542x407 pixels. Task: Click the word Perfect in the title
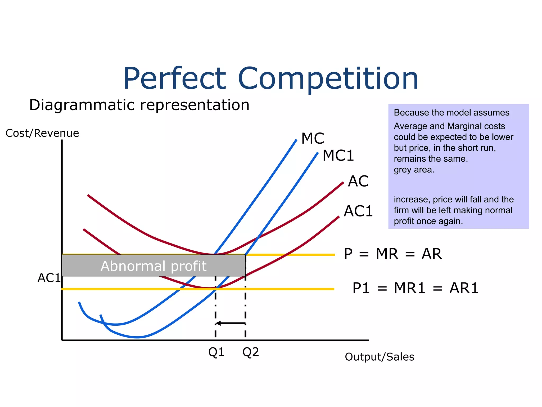pos(175,79)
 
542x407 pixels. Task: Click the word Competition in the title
pos(328,79)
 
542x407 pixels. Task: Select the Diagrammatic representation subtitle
pos(139,105)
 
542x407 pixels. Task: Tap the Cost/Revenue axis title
pos(42,133)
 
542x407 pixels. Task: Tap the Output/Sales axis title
pos(379,357)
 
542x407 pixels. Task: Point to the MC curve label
pos(313,138)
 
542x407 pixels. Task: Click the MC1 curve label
pos(338,156)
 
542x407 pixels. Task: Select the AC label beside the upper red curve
pos(358,181)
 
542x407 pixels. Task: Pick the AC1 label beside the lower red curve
pos(358,211)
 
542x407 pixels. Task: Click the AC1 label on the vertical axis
pos(49,278)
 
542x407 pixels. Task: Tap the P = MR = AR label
pos(393,254)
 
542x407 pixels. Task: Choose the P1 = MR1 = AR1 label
pos(415,288)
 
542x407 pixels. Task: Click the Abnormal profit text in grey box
pos(153,266)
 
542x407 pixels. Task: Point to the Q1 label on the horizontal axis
pos(216,352)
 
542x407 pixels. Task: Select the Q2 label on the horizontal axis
pos(251,352)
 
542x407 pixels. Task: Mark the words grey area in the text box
pos(414,170)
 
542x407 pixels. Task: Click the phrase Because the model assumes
pos(451,113)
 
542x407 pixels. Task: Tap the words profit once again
pos(428,221)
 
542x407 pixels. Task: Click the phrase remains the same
pos(431,159)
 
